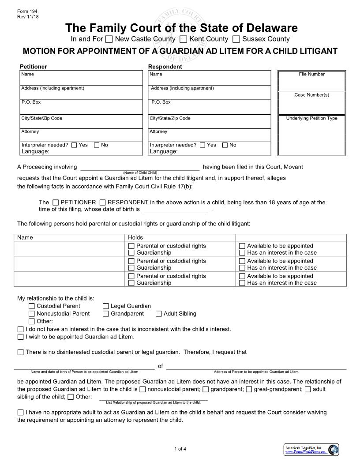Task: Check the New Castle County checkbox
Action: coord(109,39)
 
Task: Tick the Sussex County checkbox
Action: coord(236,39)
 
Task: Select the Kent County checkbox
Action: coord(184,39)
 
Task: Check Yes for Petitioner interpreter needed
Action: coord(74,145)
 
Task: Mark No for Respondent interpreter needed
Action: coord(225,145)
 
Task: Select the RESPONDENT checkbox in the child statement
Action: coord(103,203)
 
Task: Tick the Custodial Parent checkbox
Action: coord(32,306)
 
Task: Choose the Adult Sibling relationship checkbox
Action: coord(159,314)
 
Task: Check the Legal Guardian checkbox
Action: coord(106,306)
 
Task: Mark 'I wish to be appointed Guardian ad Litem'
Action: coord(21,337)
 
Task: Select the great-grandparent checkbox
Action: coord(249,389)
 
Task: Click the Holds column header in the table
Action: coord(135,237)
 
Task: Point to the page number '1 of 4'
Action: coord(180,449)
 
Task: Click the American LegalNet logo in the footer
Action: coord(311,450)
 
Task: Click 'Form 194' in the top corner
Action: coord(25,11)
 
